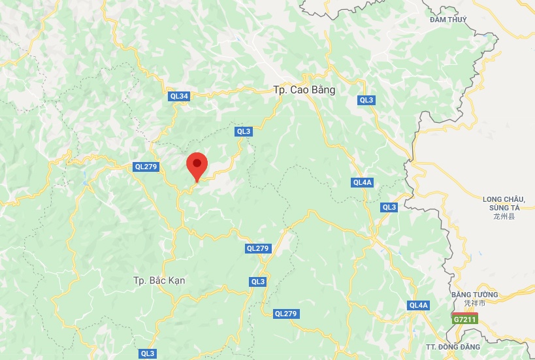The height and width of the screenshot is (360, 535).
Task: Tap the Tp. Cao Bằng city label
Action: (304, 90)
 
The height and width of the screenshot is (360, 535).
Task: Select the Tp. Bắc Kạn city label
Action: (159, 280)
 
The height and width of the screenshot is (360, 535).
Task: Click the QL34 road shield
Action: (179, 96)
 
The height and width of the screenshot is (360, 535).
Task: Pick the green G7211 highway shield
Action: (464, 319)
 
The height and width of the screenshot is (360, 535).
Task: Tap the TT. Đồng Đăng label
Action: (453, 346)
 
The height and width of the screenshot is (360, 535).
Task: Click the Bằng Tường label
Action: (475, 295)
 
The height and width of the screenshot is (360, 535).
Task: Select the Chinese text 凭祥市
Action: (475, 303)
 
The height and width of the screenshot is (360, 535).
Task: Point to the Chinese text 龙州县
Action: (503, 216)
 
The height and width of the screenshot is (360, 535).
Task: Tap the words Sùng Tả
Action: (503, 207)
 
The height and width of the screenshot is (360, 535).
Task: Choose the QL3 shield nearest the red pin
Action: (244, 131)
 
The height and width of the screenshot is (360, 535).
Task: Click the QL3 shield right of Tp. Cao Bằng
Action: (366, 100)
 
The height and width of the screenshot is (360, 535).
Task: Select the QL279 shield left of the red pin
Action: (146, 167)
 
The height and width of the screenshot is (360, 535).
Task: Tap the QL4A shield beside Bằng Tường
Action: (418, 305)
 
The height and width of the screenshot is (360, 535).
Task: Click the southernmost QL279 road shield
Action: (286, 314)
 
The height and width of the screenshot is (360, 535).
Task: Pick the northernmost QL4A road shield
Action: (362, 182)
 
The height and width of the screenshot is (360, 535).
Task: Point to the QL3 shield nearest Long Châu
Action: (389, 207)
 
